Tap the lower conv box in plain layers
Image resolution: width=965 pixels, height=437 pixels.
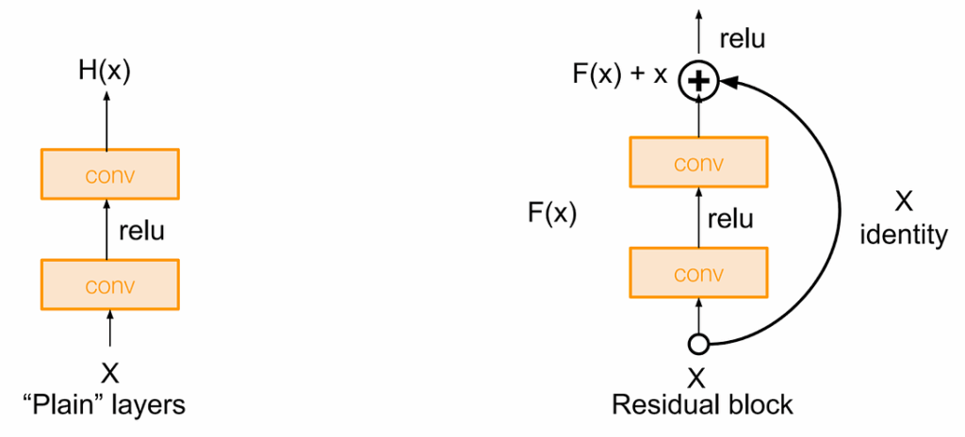tap(109, 285)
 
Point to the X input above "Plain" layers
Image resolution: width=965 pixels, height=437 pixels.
tap(110, 373)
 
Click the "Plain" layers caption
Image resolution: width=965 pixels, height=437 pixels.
tap(104, 406)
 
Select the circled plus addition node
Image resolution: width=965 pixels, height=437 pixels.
tap(697, 82)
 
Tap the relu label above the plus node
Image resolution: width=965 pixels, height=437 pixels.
tap(743, 39)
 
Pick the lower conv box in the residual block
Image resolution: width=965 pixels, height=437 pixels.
tap(698, 275)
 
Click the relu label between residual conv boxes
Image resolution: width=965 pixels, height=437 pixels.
tap(729, 219)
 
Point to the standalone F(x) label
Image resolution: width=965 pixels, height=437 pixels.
tap(551, 214)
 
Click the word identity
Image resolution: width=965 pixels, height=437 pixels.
tap(904, 235)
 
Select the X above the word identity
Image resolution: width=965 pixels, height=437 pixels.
tap(904, 201)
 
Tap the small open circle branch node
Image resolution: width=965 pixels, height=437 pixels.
tap(698, 344)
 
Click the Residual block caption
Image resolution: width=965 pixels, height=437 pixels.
tap(702, 406)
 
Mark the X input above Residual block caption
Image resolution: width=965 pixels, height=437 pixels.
tap(697, 378)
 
